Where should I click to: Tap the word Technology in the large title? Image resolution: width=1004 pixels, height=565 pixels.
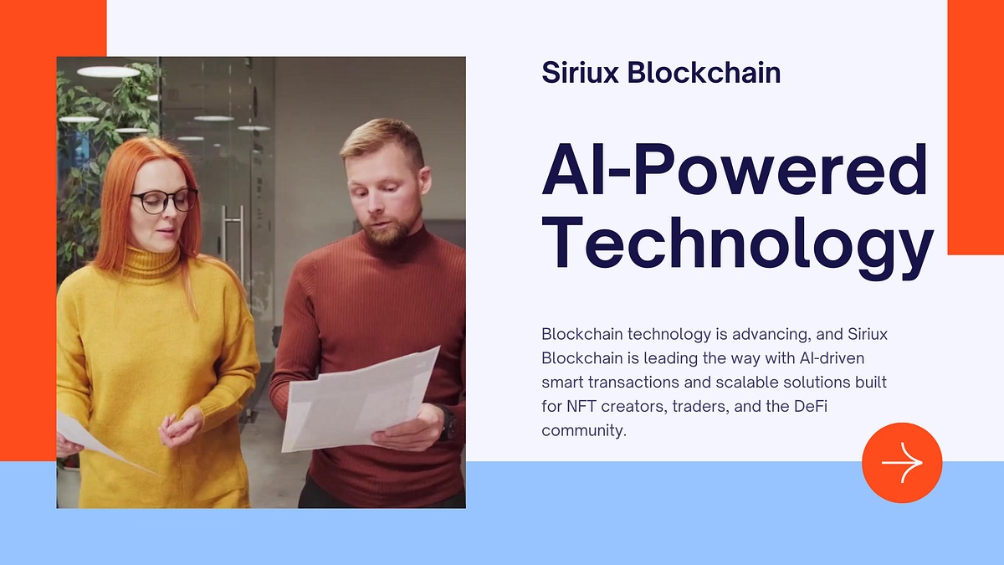tap(737, 242)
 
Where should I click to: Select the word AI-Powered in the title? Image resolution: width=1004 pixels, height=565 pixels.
tap(735, 170)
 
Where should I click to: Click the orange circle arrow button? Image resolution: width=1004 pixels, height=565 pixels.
tap(902, 463)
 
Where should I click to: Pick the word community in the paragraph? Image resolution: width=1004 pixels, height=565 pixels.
tap(583, 431)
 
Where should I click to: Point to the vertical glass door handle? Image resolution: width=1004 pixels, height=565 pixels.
tap(223, 243)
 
